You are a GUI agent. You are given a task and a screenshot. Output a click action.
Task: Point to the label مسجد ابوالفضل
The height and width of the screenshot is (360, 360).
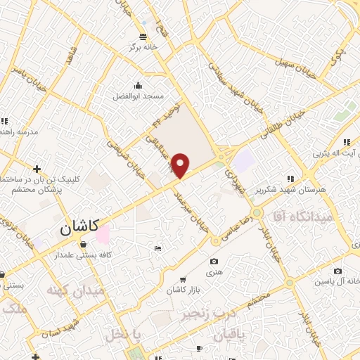click(139, 95)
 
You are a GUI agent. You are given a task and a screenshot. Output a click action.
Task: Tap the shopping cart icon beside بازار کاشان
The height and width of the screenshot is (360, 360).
click(184, 279)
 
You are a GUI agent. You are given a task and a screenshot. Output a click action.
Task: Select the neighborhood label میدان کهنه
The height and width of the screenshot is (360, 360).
click(75, 290)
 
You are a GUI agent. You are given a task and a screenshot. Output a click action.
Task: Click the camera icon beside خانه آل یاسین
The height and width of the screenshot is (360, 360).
click(338, 271)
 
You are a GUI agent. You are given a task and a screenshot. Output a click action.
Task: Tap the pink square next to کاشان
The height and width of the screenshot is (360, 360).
click(103, 235)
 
